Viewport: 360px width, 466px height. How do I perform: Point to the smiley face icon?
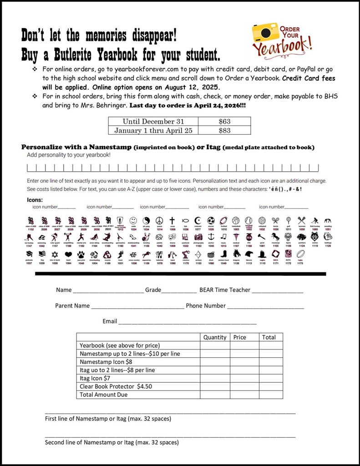coord(133,221)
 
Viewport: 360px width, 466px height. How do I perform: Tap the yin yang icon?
coord(146,221)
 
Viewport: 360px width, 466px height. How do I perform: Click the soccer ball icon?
coord(211,221)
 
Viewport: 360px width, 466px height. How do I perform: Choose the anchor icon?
coord(211,237)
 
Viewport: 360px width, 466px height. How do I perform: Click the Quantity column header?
coord(215,337)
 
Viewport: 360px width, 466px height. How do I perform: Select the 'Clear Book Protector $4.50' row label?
coord(116,386)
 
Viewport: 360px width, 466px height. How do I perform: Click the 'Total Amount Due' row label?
coord(103,395)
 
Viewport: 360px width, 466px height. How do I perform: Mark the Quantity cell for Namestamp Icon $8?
coord(215,362)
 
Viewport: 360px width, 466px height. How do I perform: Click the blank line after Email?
coord(187,322)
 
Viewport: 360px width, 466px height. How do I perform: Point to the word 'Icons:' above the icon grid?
coord(35,199)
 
